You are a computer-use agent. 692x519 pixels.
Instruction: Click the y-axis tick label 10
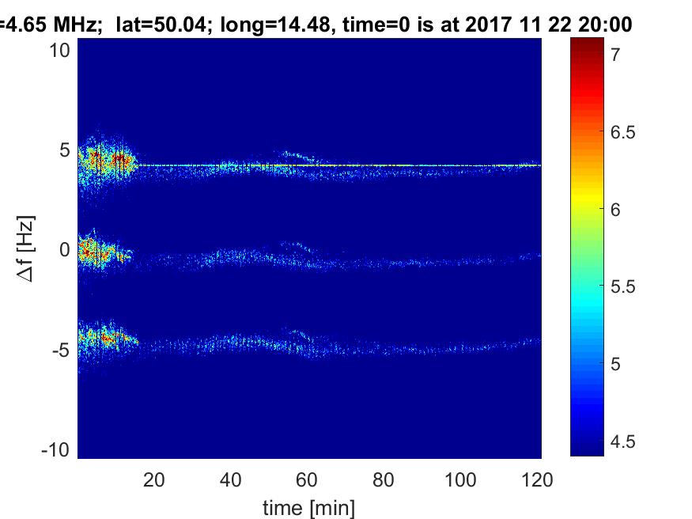(x=62, y=50)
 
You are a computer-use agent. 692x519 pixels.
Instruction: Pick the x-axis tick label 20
(x=154, y=479)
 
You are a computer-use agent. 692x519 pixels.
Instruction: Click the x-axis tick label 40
(x=231, y=479)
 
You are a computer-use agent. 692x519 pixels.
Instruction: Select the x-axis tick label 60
(x=308, y=479)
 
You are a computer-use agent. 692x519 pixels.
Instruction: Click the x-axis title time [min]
(x=309, y=506)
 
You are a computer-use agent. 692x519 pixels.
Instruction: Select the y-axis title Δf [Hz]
(x=25, y=250)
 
